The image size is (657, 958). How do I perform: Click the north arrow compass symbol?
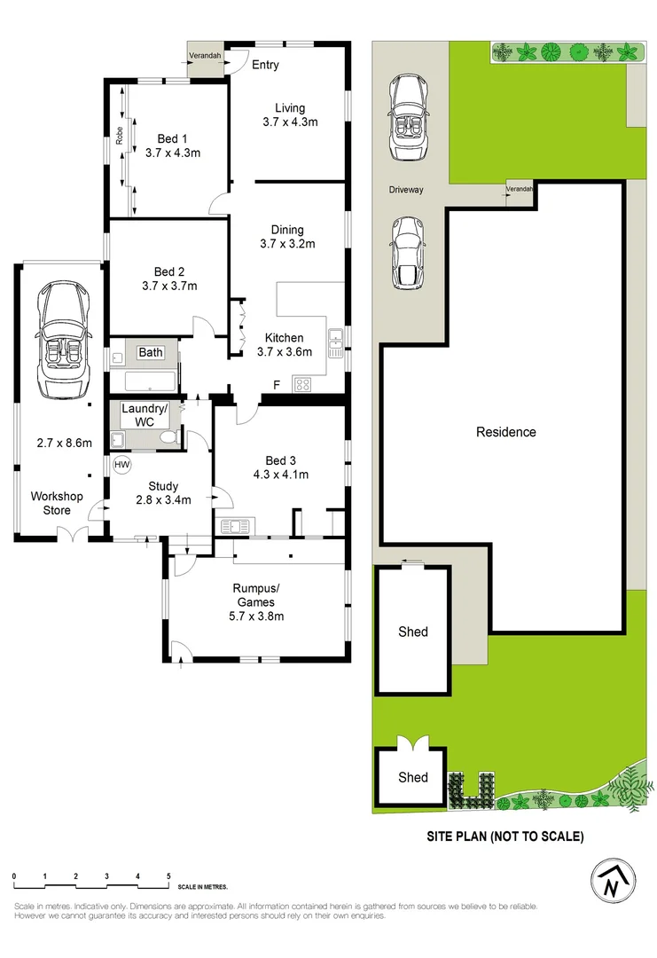[x=613, y=880]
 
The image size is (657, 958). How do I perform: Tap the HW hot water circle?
[x=121, y=465]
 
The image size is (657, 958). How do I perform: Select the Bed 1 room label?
[x=173, y=138]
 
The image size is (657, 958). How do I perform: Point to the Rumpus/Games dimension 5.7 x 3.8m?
[x=257, y=616]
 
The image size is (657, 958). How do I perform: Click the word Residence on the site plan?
[x=506, y=432]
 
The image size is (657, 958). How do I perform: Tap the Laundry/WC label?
[x=144, y=414]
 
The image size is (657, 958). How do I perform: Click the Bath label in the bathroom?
[x=151, y=352]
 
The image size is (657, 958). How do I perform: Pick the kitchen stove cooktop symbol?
[x=301, y=384]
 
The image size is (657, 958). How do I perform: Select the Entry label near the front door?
[x=265, y=65]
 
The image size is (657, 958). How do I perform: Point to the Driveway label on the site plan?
[x=406, y=190]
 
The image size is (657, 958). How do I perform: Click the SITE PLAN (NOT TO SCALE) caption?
[x=505, y=836]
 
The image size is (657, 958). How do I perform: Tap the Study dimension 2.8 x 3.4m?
[x=163, y=500]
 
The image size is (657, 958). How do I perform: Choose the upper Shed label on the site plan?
[x=412, y=632]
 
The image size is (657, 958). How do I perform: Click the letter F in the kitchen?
[x=277, y=384]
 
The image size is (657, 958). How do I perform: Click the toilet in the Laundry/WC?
[x=172, y=436]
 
